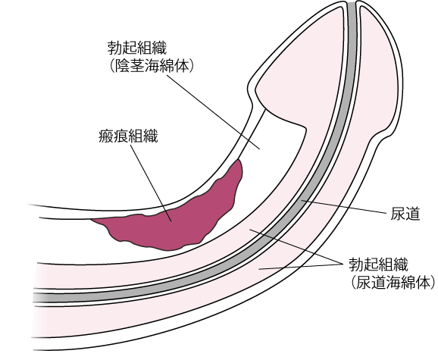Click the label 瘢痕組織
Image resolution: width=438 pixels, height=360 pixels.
pos(128,136)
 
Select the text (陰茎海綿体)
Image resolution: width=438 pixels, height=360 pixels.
pos(151,67)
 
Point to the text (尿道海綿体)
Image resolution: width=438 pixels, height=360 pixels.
pos(393,283)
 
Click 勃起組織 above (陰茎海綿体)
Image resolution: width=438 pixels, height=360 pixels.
pos(137,48)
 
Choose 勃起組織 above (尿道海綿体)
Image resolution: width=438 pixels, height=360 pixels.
pos(378,265)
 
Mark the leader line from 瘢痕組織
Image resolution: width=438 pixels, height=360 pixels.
pos(151,183)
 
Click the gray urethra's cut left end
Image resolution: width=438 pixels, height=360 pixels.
pos(35,298)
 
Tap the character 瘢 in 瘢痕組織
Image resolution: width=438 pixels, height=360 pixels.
pos(106,136)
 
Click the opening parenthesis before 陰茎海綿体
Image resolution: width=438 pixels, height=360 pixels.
pos(111,67)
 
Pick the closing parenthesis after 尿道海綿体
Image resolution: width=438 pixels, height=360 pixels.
pos(433,283)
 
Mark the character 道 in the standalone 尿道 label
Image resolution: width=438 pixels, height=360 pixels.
pos(412,214)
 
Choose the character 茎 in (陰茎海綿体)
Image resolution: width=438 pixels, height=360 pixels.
pos(136,67)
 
